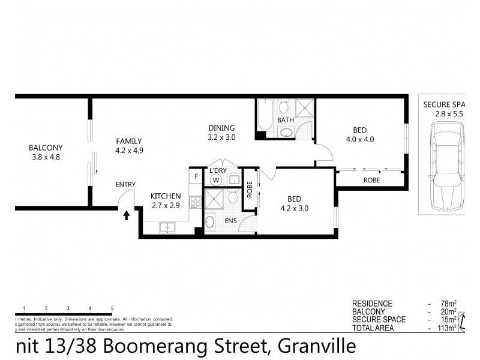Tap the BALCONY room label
pos(46,148)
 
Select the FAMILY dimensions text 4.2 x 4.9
pos(130,151)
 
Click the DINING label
pos(221,127)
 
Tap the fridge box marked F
pos(195,176)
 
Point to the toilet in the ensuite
pos(209,223)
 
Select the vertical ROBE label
pos(250,190)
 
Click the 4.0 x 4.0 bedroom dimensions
pos(359,140)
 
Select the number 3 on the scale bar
pos(68,308)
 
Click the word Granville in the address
pos(316,346)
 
